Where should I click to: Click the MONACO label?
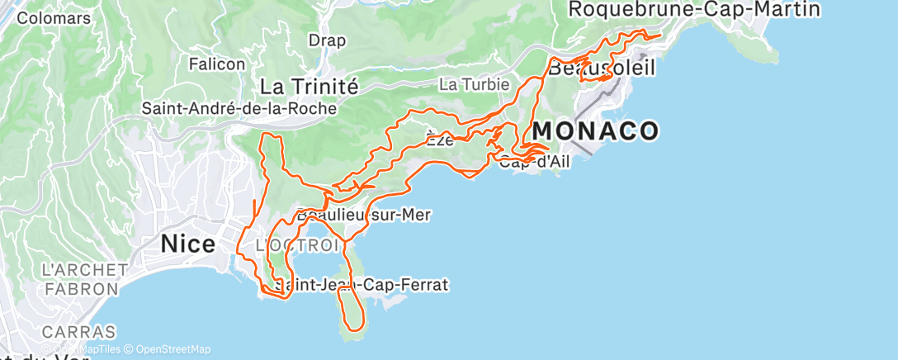pyautogui.click(x=595, y=130)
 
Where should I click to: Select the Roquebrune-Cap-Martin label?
pyautogui.click(x=694, y=9)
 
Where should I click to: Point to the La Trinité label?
pyautogui.click(x=309, y=86)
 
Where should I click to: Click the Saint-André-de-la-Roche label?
pyautogui.click(x=239, y=108)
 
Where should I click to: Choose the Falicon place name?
pyautogui.click(x=217, y=64)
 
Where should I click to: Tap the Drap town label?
pyautogui.click(x=326, y=40)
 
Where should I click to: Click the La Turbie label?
pyautogui.click(x=468, y=84)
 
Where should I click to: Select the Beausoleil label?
pyautogui.click(x=603, y=68)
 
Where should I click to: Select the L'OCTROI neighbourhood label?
pyautogui.click(x=297, y=245)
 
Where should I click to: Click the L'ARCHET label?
pyautogui.click(x=84, y=270)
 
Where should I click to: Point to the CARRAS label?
pyautogui.click(x=79, y=332)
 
